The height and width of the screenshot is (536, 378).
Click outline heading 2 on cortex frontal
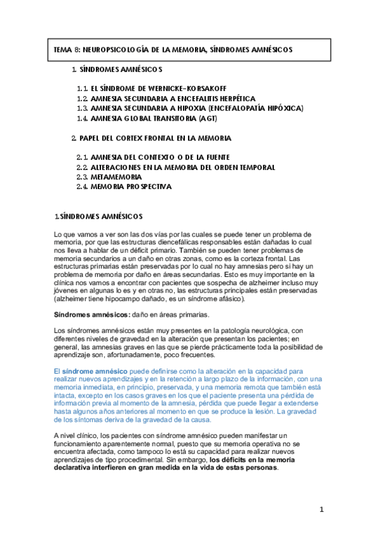151,138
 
